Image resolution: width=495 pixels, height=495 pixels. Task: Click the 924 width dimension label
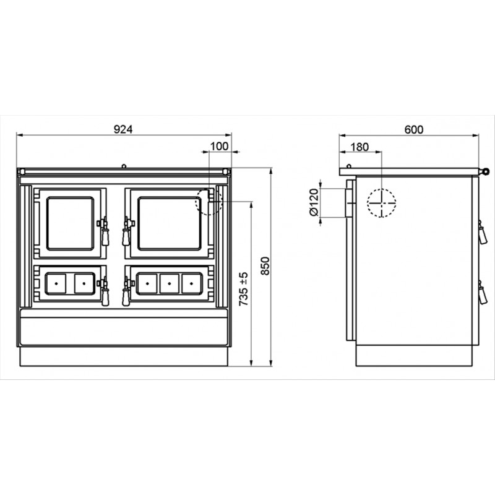coord(123,129)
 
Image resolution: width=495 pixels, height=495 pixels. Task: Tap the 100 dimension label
coord(219,146)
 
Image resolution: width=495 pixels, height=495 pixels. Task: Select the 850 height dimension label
coord(266,266)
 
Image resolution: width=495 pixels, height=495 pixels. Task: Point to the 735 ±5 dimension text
coord(243,289)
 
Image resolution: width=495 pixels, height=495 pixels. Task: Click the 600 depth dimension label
coord(414,129)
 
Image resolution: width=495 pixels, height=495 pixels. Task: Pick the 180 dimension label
coord(359,147)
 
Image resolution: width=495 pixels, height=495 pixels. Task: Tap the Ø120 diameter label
coord(314,202)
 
